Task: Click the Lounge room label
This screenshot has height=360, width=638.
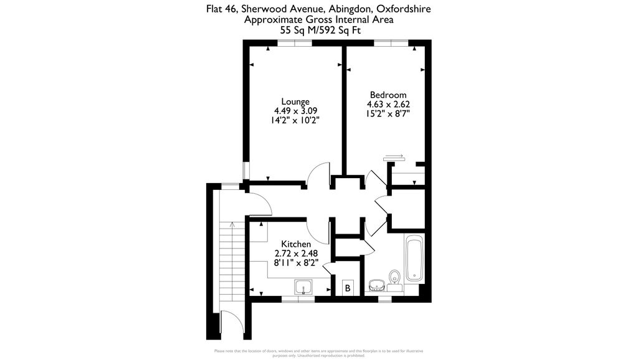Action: click(295, 102)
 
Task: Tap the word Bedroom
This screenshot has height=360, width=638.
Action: click(388, 95)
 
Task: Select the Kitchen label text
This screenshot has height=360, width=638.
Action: click(296, 244)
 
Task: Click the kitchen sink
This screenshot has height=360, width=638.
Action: click(304, 287)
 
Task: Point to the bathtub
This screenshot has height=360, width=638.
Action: click(414, 258)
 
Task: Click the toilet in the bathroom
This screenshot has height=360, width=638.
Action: click(393, 277)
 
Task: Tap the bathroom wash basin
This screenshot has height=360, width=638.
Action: click(376, 285)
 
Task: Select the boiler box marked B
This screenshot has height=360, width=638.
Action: click(348, 288)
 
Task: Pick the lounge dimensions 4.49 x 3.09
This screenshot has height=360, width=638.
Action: click(295, 111)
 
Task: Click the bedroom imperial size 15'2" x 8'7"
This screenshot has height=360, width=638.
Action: click(388, 114)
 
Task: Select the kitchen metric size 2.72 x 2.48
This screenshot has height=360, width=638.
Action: click(296, 253)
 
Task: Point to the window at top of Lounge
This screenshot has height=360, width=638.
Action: click(294, 43)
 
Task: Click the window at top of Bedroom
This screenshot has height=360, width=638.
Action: click(391, 43)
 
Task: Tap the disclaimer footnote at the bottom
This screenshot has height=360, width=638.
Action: click(318, 353)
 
